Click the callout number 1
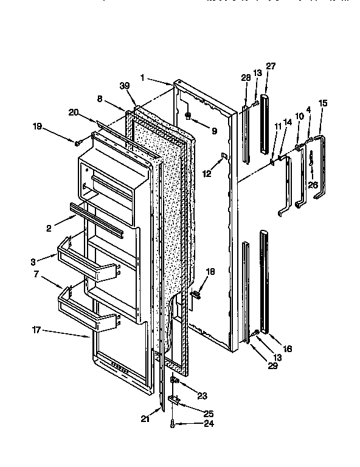(142, 77)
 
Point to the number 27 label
(270, 66)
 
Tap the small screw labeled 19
(79, 142)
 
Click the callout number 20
(73, 112)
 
